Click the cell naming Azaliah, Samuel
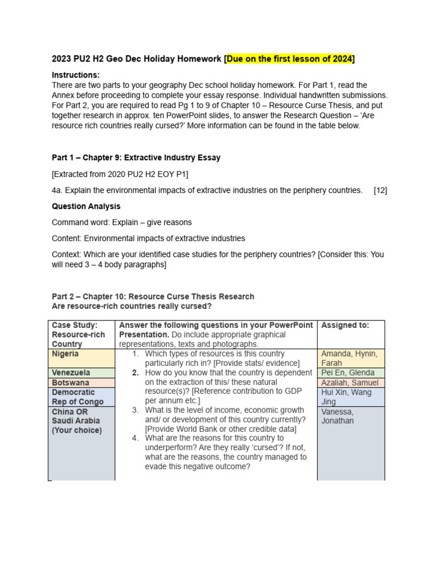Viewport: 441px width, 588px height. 350,382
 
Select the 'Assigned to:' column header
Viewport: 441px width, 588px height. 345,325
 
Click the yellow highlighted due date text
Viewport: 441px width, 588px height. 290,59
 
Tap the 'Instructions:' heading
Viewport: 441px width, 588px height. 76,75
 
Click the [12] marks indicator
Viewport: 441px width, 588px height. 380,190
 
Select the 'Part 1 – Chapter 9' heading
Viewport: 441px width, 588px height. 136,157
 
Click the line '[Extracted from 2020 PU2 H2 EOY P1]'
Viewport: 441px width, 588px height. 119,174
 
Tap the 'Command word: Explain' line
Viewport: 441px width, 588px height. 122,222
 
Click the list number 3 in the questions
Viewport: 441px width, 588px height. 136,410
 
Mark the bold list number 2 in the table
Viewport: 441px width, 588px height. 136,373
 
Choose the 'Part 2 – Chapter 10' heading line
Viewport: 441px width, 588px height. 153,297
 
